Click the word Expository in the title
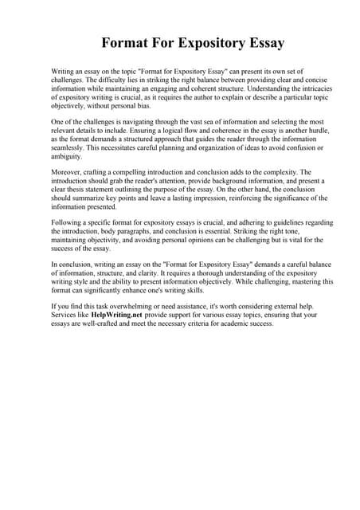point(205,42)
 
